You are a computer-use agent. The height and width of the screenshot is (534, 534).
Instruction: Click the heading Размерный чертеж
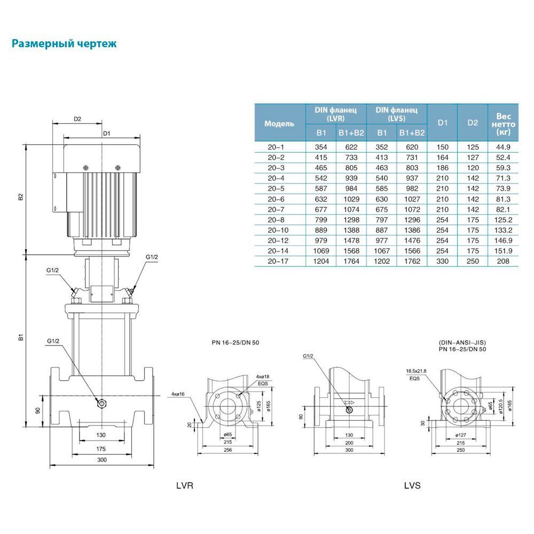point(64,44)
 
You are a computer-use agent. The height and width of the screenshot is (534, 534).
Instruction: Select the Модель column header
point(279,123)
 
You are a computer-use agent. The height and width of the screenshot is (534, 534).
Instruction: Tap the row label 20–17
point(279,261)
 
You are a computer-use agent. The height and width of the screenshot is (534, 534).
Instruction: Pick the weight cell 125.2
point(504,219)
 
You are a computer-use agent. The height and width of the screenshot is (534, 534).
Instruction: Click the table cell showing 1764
point(351,261)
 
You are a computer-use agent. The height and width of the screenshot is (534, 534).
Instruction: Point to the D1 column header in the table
point(442,123)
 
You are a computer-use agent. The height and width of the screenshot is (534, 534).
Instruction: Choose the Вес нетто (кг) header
point(504,123)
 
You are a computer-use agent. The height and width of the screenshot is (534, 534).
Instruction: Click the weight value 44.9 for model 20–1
point(504,146)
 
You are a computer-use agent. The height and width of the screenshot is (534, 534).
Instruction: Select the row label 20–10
point(279,230)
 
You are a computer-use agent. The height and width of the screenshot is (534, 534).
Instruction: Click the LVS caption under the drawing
point(412,486)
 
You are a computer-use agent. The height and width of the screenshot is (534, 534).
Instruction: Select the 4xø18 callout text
point(263,377)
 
